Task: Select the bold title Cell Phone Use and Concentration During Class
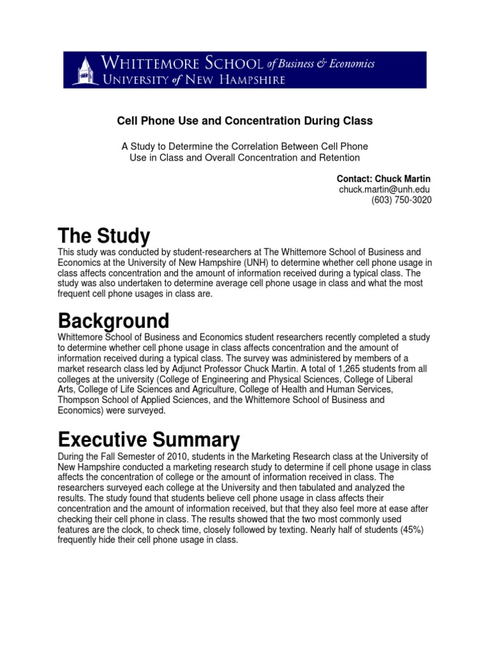244,121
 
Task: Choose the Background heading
113,319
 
